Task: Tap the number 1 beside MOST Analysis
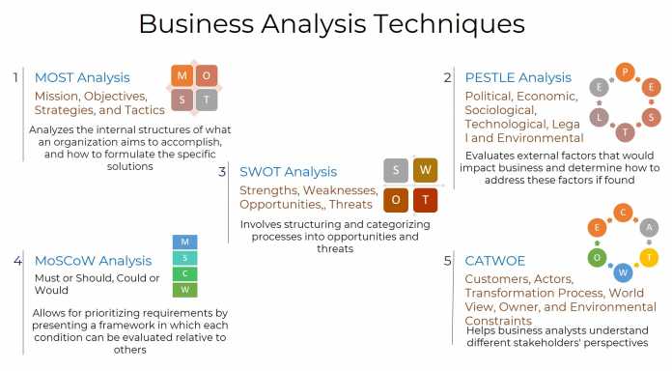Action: click(15, 77)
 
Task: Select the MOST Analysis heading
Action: click(82, 77)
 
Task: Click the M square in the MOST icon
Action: click(182, 75)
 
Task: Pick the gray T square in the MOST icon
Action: click(207, 100)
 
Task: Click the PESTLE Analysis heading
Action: click(518, 77)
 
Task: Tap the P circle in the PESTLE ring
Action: click(626, 71)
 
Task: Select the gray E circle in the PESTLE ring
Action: click(600, 87)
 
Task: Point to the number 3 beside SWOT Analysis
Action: click(222, 171)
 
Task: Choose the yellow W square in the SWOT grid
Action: click(426, 171)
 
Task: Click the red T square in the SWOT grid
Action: click(426, 200)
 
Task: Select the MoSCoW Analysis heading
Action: click(93, 260)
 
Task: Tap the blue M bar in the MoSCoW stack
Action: click(184, 242)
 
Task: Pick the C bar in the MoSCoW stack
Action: click(184, 273)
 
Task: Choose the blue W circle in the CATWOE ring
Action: click(624, 272)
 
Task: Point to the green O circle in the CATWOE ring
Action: click(598, 256)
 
